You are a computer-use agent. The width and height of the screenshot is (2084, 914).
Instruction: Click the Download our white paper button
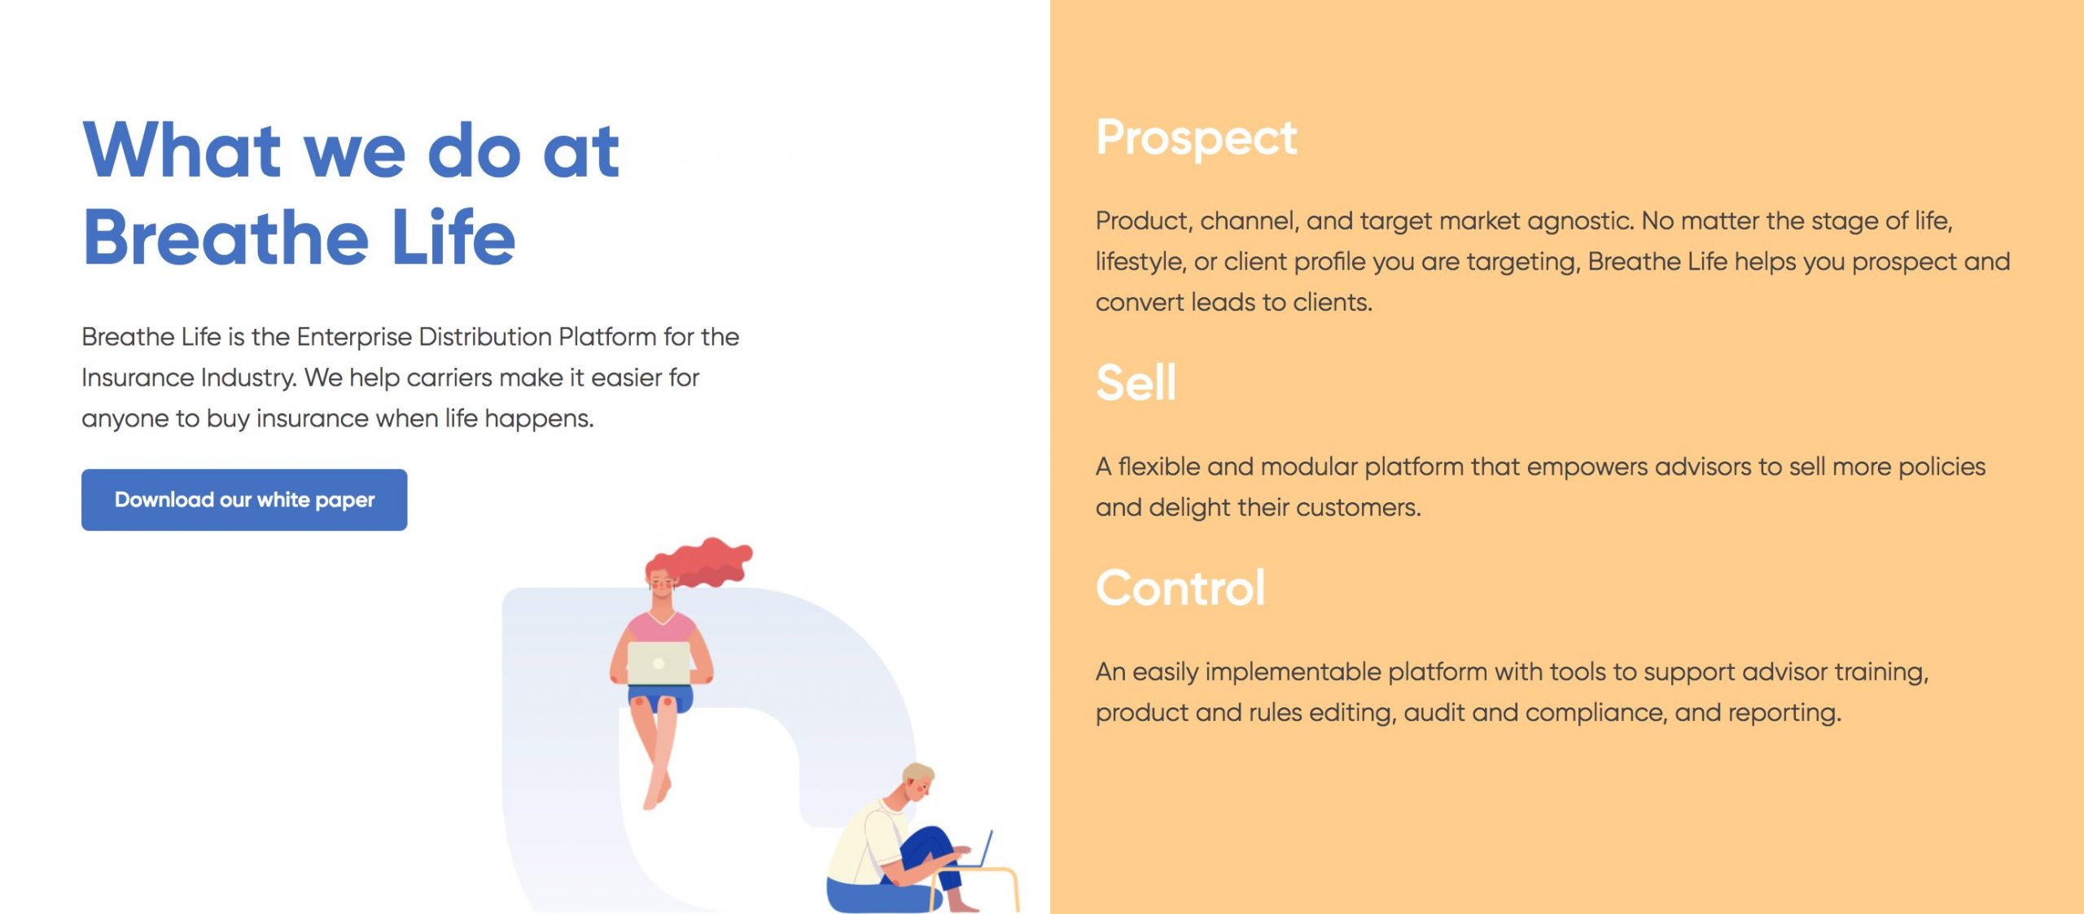click(x=244, y=500)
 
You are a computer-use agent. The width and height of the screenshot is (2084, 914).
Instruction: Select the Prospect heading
click(x=1196, y=138)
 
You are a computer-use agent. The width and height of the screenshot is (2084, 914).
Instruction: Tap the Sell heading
click(x=1136, y=383)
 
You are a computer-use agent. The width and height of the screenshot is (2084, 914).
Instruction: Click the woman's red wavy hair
click(x=700, y=562)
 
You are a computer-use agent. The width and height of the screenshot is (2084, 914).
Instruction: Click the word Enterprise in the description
click(x=354, y=337)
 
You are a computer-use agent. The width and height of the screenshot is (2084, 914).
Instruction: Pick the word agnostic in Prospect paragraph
click(x=1580, y=221)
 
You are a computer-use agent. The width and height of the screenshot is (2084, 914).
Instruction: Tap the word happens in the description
click(x=539, y=419)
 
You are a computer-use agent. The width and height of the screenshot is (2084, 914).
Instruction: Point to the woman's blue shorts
click(x=660, y=698)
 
